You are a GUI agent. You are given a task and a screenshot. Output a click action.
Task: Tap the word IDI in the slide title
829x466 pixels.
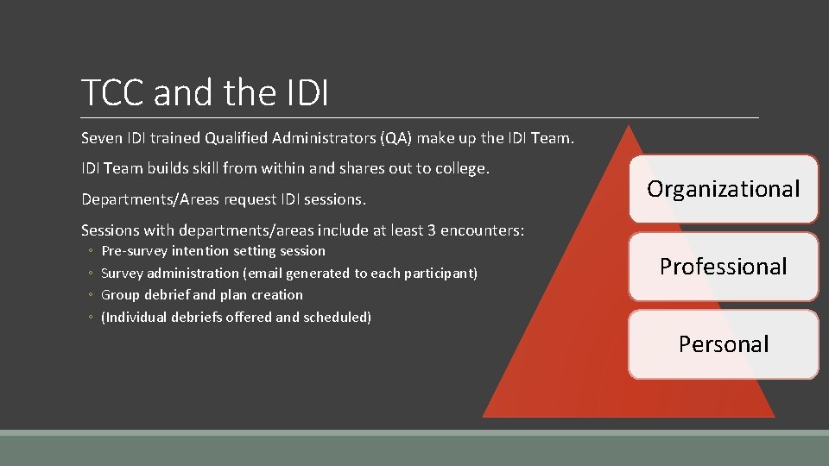(306, 93)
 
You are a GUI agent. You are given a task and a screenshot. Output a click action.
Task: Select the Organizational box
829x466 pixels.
(723, 189)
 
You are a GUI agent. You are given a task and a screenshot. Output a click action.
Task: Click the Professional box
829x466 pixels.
(723, 267)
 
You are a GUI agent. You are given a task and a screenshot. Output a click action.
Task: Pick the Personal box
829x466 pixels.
(723, 344)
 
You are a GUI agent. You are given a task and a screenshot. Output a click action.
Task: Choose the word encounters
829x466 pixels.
(484, 230)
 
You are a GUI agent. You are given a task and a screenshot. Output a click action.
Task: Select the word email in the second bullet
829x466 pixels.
(265, 274)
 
